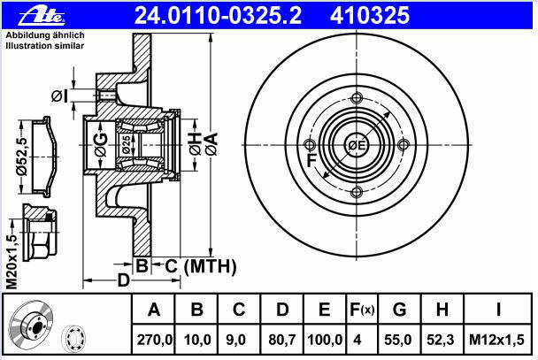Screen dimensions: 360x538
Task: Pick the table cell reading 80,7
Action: [281, 340]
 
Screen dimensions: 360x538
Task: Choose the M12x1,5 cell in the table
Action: [499, 340]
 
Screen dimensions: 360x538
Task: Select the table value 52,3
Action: [442, 340]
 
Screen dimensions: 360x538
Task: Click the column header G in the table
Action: [399, 310]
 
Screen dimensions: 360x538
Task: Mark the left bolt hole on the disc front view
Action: [310, 145]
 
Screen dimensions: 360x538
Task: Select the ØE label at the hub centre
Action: [356, 146]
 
